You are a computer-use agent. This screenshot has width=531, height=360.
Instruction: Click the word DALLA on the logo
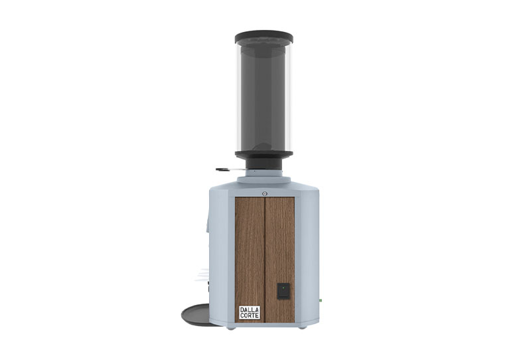[250, 310]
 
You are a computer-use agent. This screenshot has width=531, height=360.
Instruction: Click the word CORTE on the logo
[250, 315]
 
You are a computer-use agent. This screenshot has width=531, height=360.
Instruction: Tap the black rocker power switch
[283, 291]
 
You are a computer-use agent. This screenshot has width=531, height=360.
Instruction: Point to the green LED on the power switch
[283, 288]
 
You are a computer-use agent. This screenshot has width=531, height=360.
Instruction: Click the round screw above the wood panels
[264, 193]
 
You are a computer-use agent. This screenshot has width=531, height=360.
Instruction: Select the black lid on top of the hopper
[264, 37]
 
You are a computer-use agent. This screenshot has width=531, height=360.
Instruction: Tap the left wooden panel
[250, 259]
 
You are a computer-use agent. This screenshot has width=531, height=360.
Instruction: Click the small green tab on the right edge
[320, 300]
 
